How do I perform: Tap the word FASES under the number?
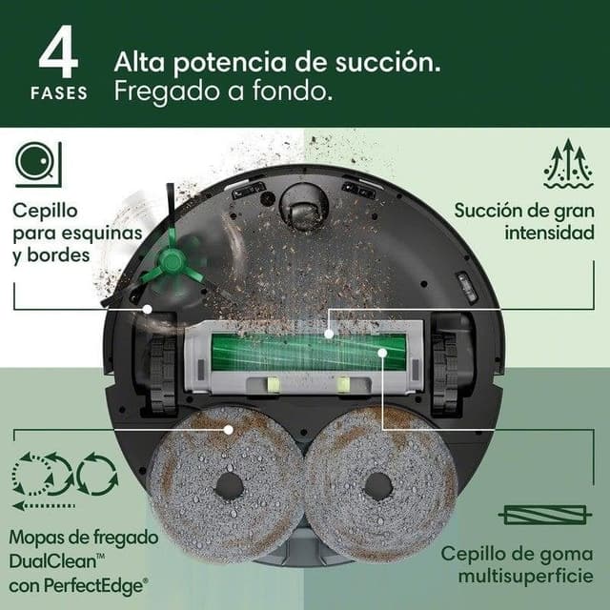point(60,93)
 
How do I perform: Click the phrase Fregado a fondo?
point(223,92)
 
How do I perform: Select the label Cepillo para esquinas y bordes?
point(77,232)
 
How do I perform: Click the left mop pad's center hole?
point(229,485)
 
